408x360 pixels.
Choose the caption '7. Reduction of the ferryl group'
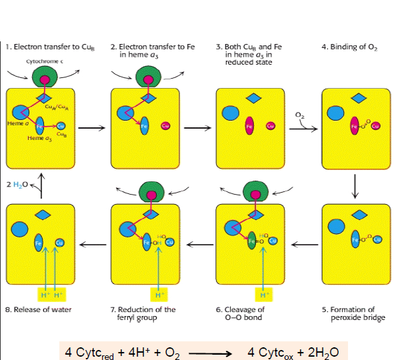click(143, 313)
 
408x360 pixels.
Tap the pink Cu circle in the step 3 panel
click(271, 126)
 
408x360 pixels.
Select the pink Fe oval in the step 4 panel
click(355, 126)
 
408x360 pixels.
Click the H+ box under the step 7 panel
click(159, 294)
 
